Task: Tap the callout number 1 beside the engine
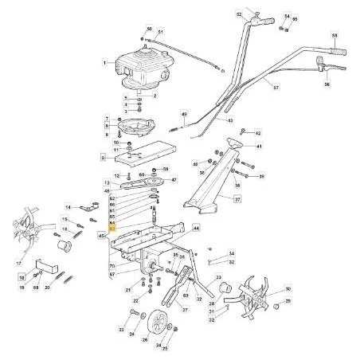click(x=104, y=61)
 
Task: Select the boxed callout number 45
click(x=102, y=237)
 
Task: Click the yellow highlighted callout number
click(x=112, y=228)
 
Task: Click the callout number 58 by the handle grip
click(x=335, y=37)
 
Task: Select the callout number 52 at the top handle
click(x=239, y=14)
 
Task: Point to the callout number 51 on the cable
click(x=160, y=32)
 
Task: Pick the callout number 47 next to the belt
click(x=173, y=181)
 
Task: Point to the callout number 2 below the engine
click(x=155, y=95)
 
